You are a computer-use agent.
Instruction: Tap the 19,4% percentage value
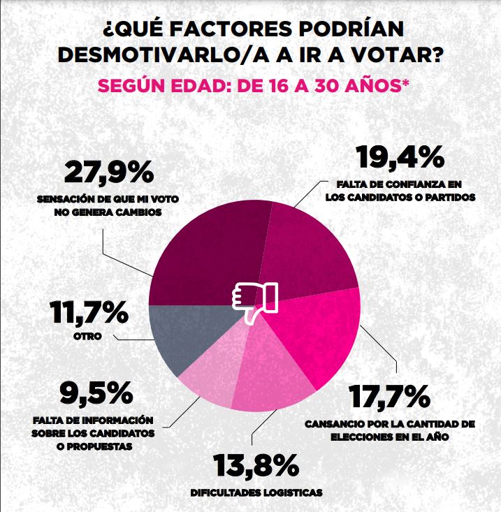coord(400,157)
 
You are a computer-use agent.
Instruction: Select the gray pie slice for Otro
coord(183,335)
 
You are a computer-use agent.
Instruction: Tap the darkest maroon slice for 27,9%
coord(203,258)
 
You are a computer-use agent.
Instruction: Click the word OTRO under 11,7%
coord(88,337)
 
